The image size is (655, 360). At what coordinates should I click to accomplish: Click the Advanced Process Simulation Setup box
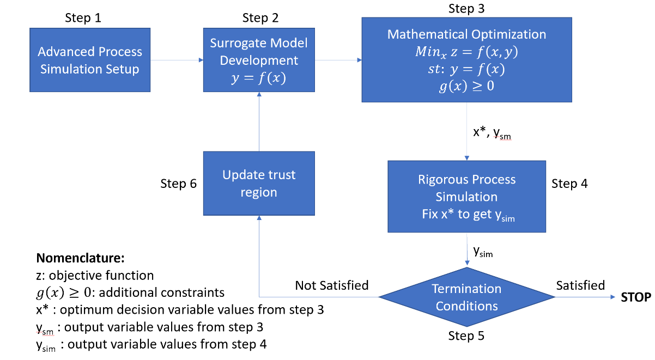coord(90,60)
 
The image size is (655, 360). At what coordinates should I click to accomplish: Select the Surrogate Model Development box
coord(259,60)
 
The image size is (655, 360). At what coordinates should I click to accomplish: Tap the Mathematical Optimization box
coord(466,59)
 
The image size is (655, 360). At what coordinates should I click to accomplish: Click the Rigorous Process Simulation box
coord(466,197)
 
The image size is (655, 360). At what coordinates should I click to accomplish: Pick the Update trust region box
coord(259,184)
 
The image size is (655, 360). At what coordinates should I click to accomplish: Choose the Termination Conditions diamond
coord(466,297)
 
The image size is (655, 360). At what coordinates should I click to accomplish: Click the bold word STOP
coord(636,297)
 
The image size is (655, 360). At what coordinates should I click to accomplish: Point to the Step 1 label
coord(83,17)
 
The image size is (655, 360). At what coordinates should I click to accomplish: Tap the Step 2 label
coord(260,17)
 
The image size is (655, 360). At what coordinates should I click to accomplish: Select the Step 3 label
coord(466,8)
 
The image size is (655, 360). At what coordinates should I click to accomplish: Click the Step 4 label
coord(569,184)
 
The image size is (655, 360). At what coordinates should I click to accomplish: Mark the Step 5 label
coord(466,336)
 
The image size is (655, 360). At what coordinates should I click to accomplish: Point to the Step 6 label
coord(179,184)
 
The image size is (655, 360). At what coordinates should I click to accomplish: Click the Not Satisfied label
coord(332,285)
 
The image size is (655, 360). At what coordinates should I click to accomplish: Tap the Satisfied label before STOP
coord(580,285)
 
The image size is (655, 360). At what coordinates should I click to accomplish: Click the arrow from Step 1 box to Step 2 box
coord(177,60)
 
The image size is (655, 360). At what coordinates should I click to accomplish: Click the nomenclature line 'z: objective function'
coord(95,275)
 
